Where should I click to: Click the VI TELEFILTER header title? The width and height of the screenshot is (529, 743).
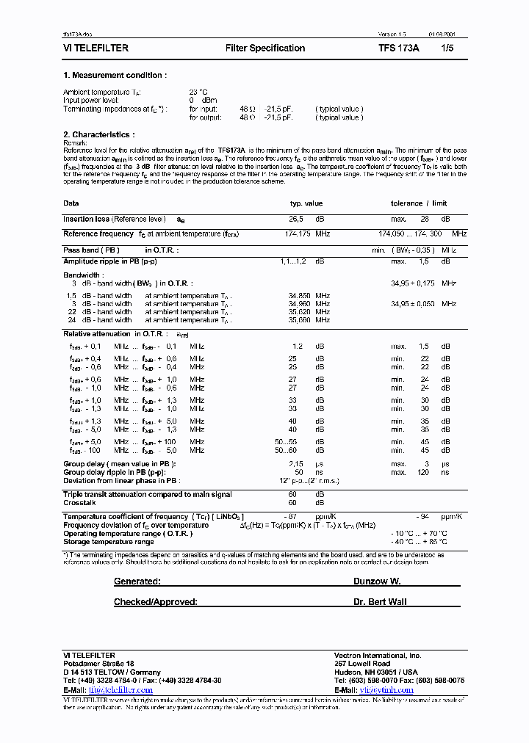coord(96,48)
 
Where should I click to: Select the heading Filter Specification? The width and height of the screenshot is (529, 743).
coord(265,48)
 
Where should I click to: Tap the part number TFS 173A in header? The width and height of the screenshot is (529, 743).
coord(399,48)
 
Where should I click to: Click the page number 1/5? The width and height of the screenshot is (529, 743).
coord(447,48)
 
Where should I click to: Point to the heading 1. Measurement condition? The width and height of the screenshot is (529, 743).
coord(115,75)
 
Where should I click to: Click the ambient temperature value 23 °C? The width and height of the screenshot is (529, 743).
coord(198,92)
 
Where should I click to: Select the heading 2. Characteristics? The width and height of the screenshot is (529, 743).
coord(99,134)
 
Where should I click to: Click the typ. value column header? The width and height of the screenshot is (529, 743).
coord(306,203)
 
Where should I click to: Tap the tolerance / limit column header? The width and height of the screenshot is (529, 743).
coord(417,203)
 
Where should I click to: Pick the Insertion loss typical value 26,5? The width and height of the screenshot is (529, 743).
coord(296,219)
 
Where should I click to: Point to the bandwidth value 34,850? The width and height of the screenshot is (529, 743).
coord(299,295)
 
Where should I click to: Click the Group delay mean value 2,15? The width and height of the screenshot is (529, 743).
coord(296,464)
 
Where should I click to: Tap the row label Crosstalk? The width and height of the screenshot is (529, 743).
coord(79,503)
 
